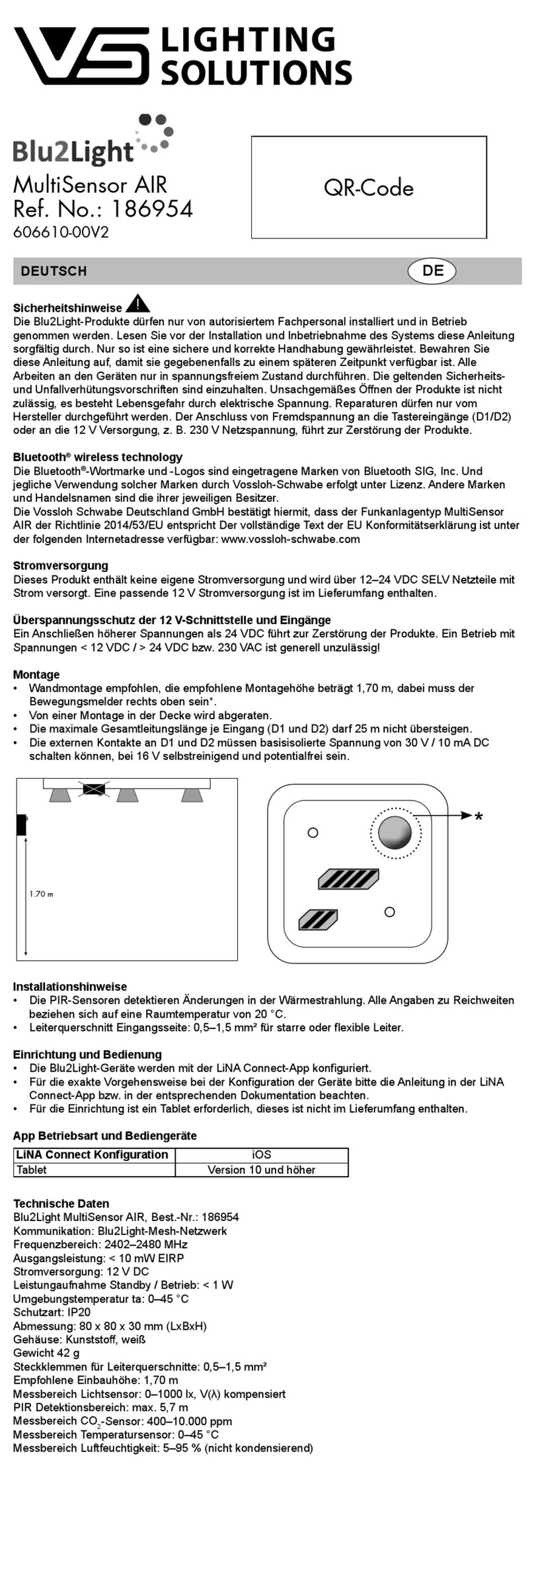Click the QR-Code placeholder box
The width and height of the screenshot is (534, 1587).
(369, 187)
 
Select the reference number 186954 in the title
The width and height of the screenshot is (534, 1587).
(151, 209)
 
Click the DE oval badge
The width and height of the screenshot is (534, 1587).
(432, 270)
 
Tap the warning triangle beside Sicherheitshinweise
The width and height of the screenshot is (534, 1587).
(137, 304)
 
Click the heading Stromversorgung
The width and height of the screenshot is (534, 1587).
(60, 565)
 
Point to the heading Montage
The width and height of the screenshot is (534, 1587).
(36, 674)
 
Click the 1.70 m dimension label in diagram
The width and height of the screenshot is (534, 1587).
(41, 894)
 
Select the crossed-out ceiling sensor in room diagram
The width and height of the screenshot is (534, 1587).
(93, 789)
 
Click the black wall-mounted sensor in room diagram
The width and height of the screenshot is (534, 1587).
(21, 824)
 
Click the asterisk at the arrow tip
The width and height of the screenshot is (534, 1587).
(478, 818)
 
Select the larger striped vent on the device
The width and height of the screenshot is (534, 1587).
(348, 878)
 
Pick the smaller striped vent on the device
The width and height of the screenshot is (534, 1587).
(318, 920)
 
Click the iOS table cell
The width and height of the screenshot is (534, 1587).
(261, 1154)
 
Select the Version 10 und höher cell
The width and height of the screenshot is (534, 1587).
(261, 1170)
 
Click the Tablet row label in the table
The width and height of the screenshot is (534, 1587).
(32, 1170)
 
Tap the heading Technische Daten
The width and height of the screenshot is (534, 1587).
(61, 1203)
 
